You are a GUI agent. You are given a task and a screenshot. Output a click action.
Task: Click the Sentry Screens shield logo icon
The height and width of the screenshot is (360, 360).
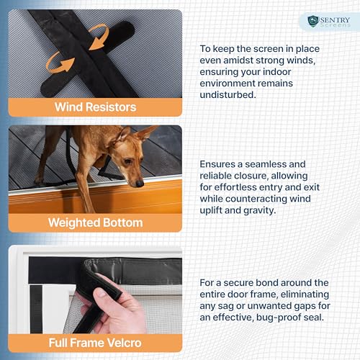(313, 21)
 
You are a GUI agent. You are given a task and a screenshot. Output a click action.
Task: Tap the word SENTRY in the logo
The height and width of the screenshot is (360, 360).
(335, 19)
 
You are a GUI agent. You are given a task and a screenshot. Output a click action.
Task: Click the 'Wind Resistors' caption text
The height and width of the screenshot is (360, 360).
(95, 107)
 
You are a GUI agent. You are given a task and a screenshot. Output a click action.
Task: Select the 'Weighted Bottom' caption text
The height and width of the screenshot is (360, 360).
(95, 222)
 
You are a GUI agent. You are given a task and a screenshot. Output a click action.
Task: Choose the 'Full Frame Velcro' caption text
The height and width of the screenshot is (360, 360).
(95, 343)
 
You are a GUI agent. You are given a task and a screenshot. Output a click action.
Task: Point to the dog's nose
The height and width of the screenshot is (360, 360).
(140, 184)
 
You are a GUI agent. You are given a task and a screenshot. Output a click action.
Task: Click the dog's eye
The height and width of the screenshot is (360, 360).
(127, 161)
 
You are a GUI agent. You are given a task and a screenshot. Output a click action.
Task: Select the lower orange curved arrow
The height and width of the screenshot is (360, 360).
(59, 63)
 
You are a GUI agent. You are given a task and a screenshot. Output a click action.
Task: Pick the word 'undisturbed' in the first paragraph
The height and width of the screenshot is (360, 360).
(228, 94)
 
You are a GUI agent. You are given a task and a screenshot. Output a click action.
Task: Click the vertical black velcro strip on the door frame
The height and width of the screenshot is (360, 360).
(36, 309)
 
